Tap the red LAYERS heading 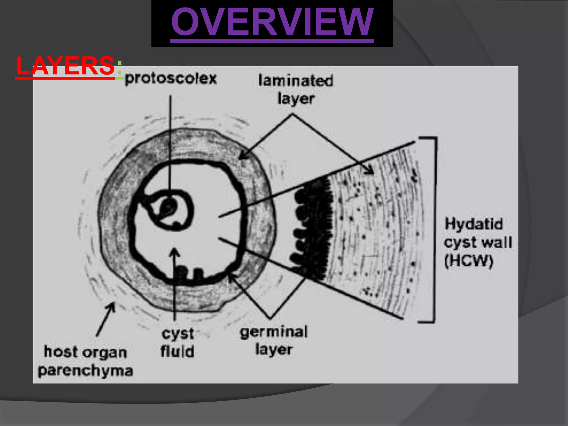65,66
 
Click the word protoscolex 171,79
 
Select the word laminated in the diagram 296,81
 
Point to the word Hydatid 474,224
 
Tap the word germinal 274,332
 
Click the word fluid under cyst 177,351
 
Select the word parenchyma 85,371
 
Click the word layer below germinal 274,349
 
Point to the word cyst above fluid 178,334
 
